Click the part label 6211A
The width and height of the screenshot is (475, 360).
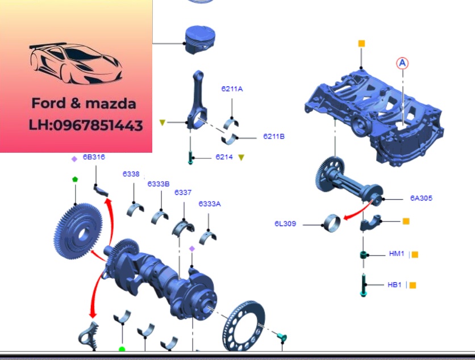[x=232, y=89]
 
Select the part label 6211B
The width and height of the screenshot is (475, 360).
[x=274, y=136]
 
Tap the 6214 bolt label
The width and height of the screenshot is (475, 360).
[x=224, y=157]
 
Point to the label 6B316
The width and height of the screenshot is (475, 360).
[x=94, y=157]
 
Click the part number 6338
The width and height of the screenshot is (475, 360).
[x=131, y=174]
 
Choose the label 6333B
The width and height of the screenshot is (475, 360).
[x=159, y=184]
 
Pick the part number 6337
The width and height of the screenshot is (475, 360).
[x=183, y=192]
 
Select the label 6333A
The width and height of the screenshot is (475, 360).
[x=210, y=204]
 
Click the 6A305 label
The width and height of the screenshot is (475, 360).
[x=421, y=198]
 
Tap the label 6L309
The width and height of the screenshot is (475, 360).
[x=285, y=224]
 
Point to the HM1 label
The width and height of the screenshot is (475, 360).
[x=397, y=253]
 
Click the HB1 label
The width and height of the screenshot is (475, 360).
[x=394, y=284]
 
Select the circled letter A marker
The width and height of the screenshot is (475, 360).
[x=402, y=63]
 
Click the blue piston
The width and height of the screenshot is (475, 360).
[x=200, y=40]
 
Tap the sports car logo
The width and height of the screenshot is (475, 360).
[x=76, y=63]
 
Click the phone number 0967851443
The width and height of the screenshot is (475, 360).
[x=98, y=125]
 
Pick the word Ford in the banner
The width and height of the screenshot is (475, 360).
[x=48, y=103]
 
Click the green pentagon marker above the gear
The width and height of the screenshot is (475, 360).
[x=75, y=179]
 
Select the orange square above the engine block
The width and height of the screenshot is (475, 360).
[x=361, y=44]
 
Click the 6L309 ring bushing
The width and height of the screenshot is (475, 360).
[x=332, y=224]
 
